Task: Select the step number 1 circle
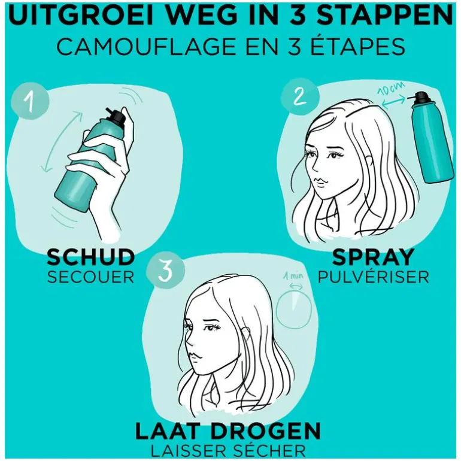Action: click(x=29, y=102)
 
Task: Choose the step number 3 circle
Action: click(x=166, y=271)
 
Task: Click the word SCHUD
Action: click(x=90, y=257)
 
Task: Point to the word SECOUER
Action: click(x=90, y=277)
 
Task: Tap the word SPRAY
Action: click(x=374, y=257)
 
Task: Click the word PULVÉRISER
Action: click(x=374, y=277)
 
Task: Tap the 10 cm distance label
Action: click(x=391, y=88)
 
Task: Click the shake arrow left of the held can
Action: click(x=61, y=142)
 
